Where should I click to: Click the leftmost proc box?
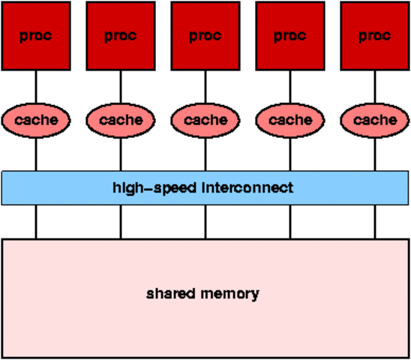36,35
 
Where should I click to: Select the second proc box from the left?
120,35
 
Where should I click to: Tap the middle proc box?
205,35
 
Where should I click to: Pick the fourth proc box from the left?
289,35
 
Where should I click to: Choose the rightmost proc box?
374,35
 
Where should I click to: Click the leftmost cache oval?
36,119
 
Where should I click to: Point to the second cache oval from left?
120,119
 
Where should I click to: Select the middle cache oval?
205,119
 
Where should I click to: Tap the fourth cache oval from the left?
289,119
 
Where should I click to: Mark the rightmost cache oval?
374,119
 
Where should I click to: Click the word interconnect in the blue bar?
247,187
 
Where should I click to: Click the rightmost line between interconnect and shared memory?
374,221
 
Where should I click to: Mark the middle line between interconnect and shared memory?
205,221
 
